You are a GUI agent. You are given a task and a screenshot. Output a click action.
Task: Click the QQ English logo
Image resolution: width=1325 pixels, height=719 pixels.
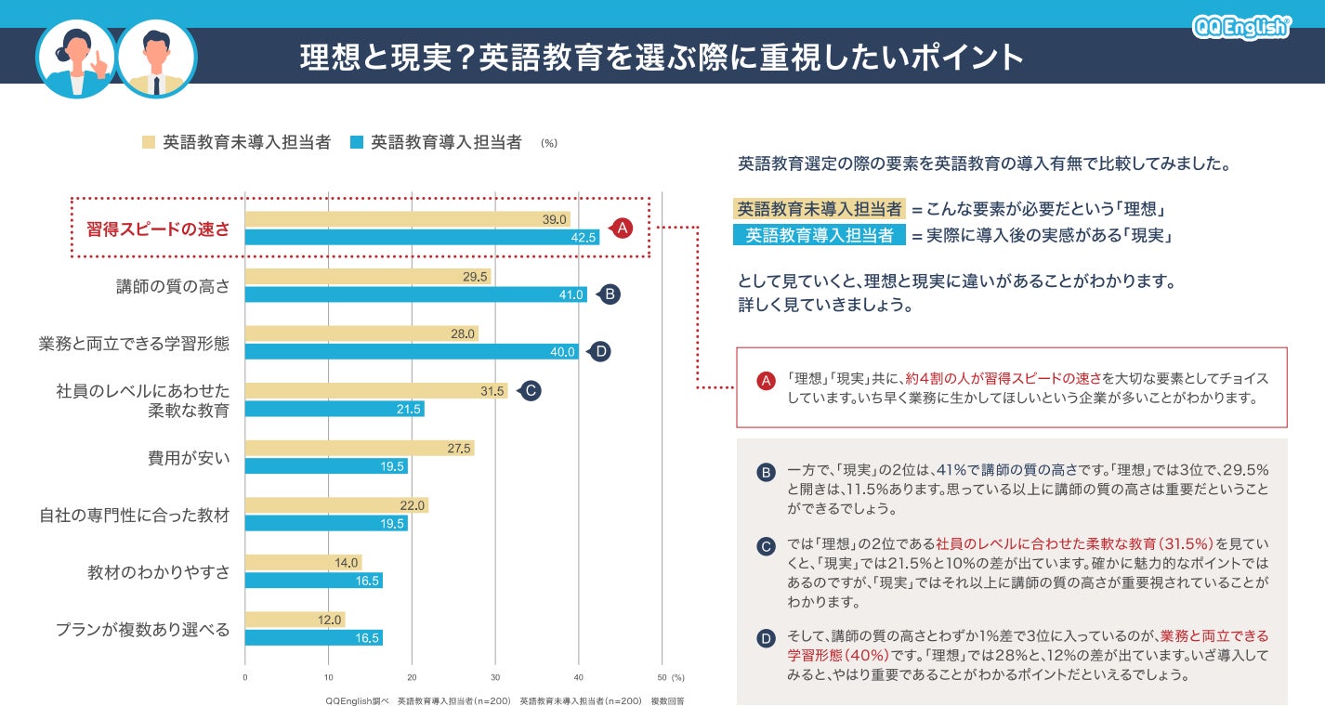(x=1241, y=27)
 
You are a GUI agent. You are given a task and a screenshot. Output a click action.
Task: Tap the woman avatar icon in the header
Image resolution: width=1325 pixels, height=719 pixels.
(x=76, y=59)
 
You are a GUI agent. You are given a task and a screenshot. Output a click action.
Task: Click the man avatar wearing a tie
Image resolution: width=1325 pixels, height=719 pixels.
(x=156, y=59)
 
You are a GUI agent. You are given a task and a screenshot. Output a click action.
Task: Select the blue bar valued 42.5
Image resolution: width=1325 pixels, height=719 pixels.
(x=422, y=237)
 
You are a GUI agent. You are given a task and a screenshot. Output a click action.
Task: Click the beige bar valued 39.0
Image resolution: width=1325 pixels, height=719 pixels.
(x=407, y=219)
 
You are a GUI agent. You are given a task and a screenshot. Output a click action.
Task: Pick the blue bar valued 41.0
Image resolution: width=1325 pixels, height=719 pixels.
(x=415, y=294)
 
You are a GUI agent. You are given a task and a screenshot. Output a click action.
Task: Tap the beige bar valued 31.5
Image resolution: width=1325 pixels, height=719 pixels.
(x=376, y=391)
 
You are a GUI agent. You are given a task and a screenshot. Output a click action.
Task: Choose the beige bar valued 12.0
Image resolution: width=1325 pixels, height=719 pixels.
(x=295, y=620)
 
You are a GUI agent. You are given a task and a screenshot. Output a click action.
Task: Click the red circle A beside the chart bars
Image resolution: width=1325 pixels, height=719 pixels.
(x=621, y=228)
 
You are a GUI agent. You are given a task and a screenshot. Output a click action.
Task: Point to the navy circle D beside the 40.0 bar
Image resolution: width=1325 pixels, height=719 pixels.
(x=600, y=351)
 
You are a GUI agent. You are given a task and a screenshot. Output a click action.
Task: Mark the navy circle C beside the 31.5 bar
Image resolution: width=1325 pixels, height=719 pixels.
(x=529, y=391)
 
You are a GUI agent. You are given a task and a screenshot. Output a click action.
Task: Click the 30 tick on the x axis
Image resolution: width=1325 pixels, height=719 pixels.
(x=495, y=677)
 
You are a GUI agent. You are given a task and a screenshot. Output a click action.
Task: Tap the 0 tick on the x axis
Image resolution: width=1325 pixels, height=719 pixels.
(x=245, y=677)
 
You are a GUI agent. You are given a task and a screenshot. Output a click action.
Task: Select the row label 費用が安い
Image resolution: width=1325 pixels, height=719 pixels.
(x=189, y=458)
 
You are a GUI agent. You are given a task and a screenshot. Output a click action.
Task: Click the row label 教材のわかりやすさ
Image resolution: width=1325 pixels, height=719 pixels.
(x=158, y=572)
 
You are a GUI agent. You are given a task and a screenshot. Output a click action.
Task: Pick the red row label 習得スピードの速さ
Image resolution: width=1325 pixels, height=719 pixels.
(x=158, y=229)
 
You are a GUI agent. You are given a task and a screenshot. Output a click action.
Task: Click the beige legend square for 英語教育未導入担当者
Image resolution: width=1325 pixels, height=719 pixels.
(x=148, y=142)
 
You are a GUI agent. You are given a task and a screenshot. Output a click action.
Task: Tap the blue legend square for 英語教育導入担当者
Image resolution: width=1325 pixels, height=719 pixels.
(x=356, y=142)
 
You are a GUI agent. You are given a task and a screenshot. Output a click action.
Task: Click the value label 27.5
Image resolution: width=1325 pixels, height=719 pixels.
(x=459, y=449)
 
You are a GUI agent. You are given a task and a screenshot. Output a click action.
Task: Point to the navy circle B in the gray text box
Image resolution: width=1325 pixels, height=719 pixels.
(x=766, y=473)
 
